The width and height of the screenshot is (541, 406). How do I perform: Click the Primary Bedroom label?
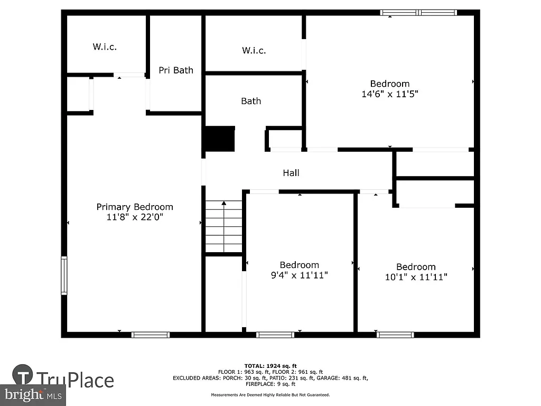[x=134, y=207]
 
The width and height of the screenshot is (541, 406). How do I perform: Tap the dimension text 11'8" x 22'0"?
[x=134, y=217]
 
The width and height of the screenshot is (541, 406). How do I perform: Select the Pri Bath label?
[x=176, y=70]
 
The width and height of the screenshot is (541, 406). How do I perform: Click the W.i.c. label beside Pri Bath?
[x=105, y=47]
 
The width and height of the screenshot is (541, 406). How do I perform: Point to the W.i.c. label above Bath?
[x=254, y=51]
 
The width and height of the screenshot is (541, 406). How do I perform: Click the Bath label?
[x=251, y=101]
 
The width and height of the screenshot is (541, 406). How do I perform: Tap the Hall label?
[x=291, y=173]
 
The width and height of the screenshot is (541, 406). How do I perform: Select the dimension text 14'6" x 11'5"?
[x=390, y=94]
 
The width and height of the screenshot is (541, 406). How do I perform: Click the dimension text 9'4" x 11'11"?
[x=299, y=275]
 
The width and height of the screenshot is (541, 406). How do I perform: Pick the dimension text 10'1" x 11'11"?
[x=416, y=277]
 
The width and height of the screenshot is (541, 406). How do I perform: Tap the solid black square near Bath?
[x=220, y=139]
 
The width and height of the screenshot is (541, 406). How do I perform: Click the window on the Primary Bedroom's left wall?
[x=64, y=275]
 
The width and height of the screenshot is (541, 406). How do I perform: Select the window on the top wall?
[x=418, y=12]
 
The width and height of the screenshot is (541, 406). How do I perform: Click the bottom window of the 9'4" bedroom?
[x=275, y=335]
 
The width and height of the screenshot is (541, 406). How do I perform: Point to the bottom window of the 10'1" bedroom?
[x=395, y=335]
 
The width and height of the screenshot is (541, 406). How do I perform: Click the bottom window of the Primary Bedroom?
[x=151, y=335]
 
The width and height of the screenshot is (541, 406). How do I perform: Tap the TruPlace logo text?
[x=75, y=380]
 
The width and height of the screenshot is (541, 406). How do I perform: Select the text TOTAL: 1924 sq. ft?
[x=270, y=366]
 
